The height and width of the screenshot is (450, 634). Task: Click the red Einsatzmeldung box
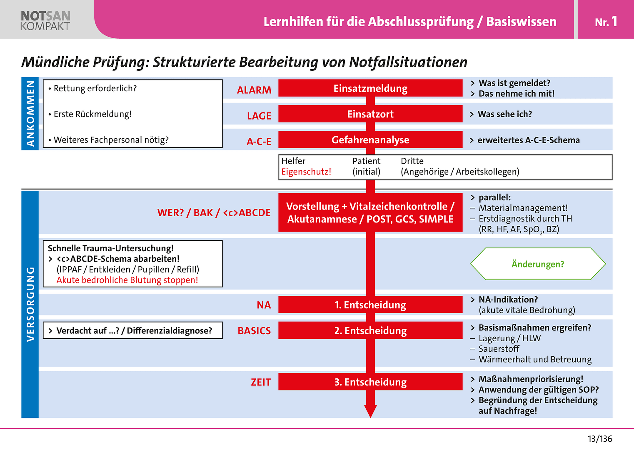click(x=370, y=88)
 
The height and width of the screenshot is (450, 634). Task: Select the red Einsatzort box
click(x=370, y=114)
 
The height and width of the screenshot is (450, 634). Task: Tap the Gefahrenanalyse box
click(x=370, y=140)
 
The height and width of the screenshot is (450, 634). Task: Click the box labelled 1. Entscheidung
click(x=370, y=305)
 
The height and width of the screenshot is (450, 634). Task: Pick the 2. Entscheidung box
click(x=370, y=330)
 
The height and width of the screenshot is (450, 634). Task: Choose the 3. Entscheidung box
click(x=370, y=382)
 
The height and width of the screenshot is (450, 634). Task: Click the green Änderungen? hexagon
click(x=538, y=264)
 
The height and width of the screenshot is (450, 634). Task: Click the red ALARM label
click(x=254, y=90)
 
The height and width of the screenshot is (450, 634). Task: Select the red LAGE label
click(x=259, y=116)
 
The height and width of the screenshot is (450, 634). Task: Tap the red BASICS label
click(x=254, y=331)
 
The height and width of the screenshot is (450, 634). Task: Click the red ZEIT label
click(x=261, y=382)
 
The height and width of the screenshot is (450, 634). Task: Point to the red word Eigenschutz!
click(x=306, y=172)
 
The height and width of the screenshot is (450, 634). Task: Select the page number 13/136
click(x=600, y=439)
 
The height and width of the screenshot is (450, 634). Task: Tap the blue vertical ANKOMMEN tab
click(x=30, y=113)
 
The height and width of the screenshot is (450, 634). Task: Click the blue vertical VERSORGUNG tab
click(x=30, y=304)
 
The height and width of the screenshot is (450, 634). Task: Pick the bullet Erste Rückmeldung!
click(x=93, y=114)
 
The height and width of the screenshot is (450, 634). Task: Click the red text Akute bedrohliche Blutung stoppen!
click(x=127, y=280)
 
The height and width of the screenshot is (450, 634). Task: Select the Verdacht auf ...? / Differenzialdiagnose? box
click(x=133, y=330)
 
